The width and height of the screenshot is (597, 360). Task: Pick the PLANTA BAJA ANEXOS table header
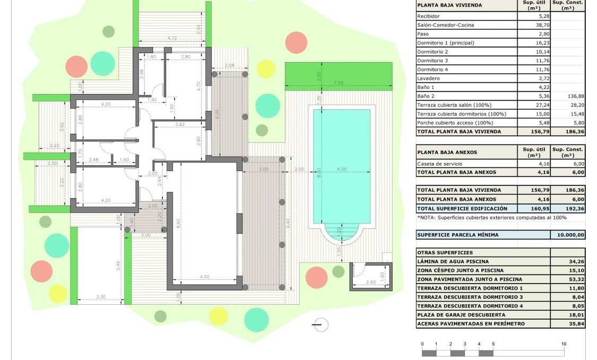[447, 152]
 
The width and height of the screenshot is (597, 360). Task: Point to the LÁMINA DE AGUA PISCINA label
[453, 262]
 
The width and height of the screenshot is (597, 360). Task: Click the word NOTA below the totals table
[427, 217]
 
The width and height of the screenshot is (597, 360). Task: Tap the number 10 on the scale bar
[564, 344]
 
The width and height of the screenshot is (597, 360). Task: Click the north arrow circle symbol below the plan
[321, 324]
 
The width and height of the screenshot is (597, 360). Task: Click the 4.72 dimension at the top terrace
[172, 38]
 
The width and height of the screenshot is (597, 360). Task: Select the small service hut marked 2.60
[370, 277]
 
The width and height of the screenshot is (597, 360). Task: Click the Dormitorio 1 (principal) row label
[445, 43]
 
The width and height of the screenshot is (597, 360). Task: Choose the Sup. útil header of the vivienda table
[533, 5]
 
